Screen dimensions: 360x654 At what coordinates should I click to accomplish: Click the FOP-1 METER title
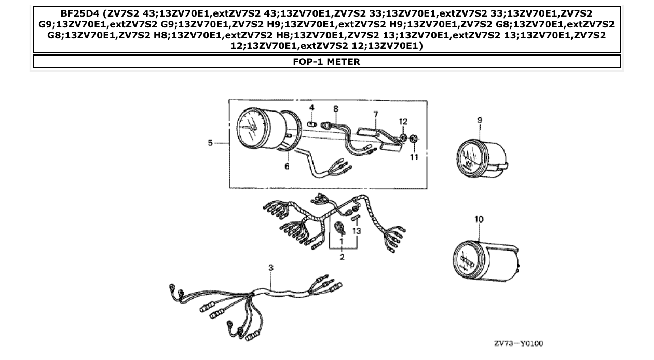(x=326, y=62)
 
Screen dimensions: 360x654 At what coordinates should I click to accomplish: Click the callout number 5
(x=210, y=143)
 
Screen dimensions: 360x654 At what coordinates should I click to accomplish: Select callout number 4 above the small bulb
(x=312, y=107)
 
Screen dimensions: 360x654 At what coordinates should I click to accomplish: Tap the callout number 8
(x=336, y=109)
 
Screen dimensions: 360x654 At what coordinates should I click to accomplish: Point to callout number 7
(x=375, y=114)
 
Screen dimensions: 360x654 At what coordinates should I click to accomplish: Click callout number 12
(x=403, y=121)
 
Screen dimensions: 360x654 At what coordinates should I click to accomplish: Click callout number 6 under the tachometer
(x=287, y=166)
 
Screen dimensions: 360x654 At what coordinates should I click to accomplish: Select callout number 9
(x=480, y=120)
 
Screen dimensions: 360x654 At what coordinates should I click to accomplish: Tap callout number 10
(x=479, y=219)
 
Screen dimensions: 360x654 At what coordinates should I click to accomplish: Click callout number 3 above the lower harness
(x=270, y=268)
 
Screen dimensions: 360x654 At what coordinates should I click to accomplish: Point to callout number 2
(x=342, y=258)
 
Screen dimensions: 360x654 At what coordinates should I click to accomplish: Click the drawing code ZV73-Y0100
(x=519, y=343)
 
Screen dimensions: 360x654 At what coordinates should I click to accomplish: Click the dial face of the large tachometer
(x=253, y=127)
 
